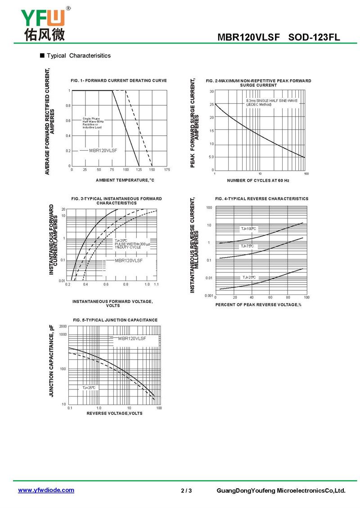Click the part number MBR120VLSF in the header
(x=251, y=38)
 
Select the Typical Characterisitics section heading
(x=78, y=56)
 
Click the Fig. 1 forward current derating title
(x=119, y=80)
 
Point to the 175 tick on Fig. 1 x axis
(x=167, y=170)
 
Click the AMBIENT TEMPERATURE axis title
(x=125, y=180)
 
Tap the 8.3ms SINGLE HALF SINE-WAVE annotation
(x=272, y=101)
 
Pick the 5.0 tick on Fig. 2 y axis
(x=211, y=157)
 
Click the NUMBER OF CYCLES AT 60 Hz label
(x=258, y=180)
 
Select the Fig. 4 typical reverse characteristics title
(x=262, y=199)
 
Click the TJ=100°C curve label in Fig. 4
(x=248, y=229)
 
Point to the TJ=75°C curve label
(x=247, y=246)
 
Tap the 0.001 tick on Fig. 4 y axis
(x=208, y=296)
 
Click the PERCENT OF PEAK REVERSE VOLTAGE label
(x=258, y=305)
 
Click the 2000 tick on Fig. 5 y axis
(x=63, y=326)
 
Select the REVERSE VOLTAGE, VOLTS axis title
(x=114, y=413)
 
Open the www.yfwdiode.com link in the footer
(x=46, y=490)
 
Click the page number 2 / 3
(x=186, y=490)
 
